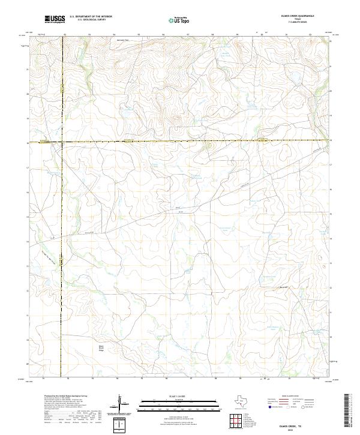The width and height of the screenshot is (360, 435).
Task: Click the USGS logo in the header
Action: (55, 19)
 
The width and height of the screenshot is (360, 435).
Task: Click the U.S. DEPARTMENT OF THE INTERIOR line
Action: (91, 17)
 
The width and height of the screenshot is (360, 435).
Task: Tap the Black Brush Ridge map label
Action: (93, 349)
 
